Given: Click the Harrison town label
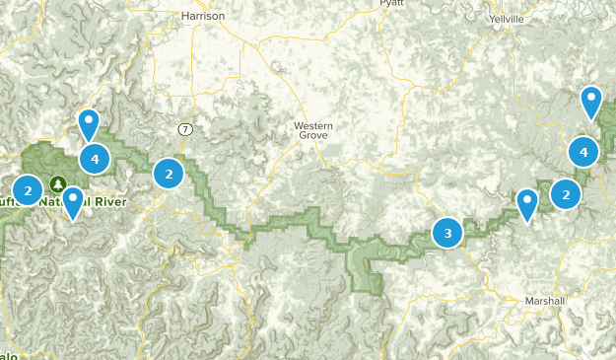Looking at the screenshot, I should click(x=204, y=16).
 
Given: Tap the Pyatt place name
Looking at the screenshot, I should click(x=391, y=4).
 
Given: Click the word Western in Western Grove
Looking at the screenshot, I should click(x=313, y=126).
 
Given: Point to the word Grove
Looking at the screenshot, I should click(x=313, y=139).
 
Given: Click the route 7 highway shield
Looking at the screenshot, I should click(x=184, y=129).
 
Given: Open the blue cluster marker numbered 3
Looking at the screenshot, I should click(x=447, y=234).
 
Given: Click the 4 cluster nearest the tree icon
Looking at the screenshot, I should click(x=95, y=158).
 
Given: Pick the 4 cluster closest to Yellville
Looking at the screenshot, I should click(x=583, y=152).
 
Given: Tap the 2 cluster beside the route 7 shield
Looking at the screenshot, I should click(x=170, y=175).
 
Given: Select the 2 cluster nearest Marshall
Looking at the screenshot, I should click(x=566, y=194).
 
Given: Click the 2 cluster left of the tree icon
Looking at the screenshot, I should click(x=28, y=189).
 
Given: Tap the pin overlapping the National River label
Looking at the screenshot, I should click(x=72, y=201).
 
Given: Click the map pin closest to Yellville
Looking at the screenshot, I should click(x=590, y=101).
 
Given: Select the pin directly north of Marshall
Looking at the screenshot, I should click(x=527, y=204).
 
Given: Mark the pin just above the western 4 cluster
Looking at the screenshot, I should click(x=89, y=123).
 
